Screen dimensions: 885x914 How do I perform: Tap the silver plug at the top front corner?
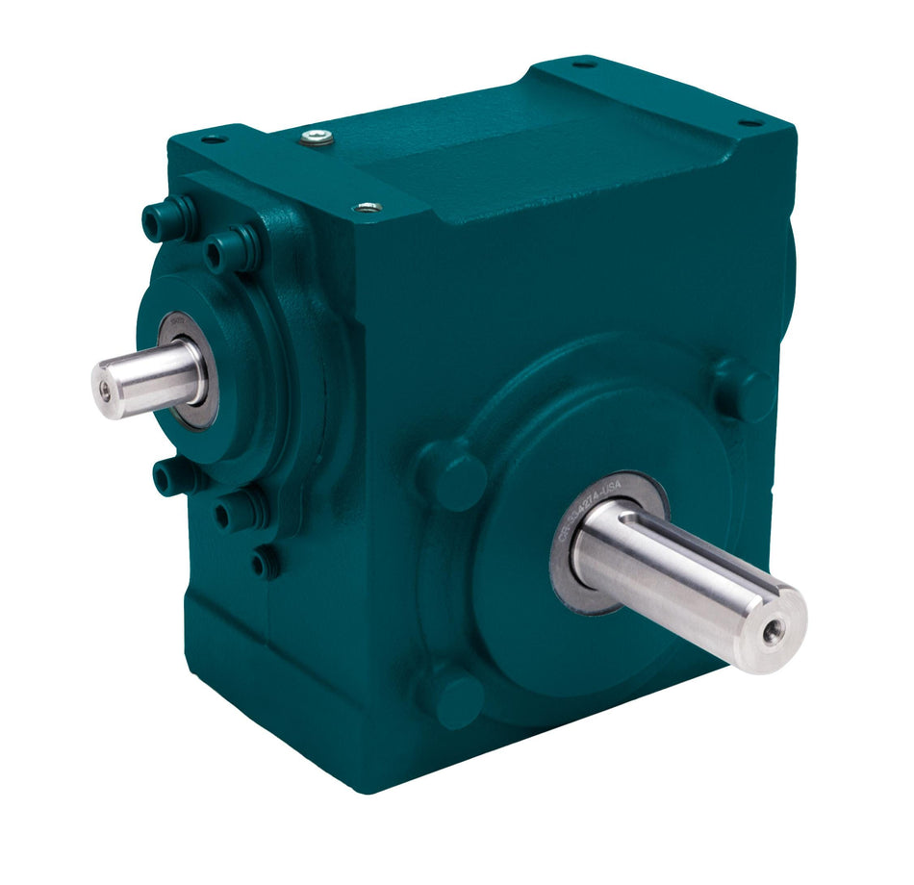tap(368, 207)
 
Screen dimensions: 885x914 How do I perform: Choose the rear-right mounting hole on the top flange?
tap(749, 123)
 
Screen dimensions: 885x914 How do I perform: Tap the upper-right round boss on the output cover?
tap(741, 390)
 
